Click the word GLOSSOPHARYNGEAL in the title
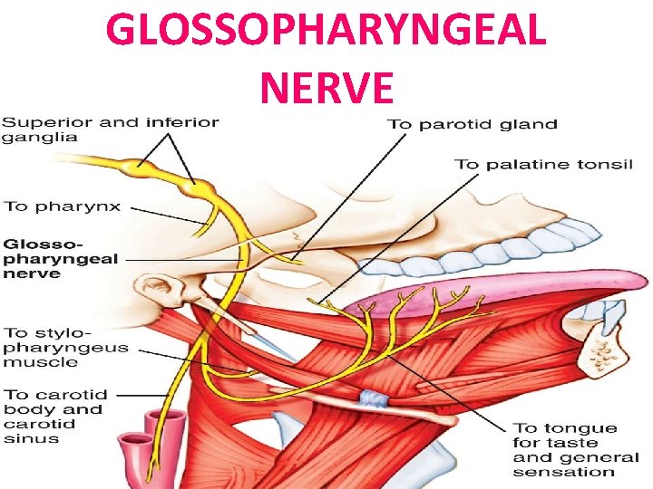pyautogui.click(x=326, y=32)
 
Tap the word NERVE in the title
pyautogui.click(x=326, y=88)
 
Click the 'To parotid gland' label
pyautogui.click(x=473, y=124)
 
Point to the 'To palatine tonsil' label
pyautogui.click(x=543, y=164)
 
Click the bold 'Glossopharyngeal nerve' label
pyautogui.click(x=62, y=258)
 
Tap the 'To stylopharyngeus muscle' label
pyautogui.click(x=66, y=347)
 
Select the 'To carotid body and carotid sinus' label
pyautogui.click(x=56, y=417)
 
